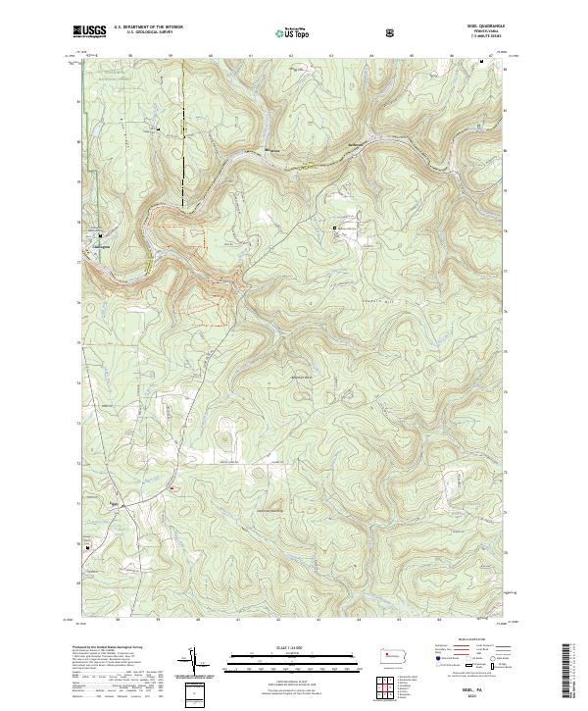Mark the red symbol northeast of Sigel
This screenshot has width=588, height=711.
point(173,488)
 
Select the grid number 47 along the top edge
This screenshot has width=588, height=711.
point(491,58)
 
